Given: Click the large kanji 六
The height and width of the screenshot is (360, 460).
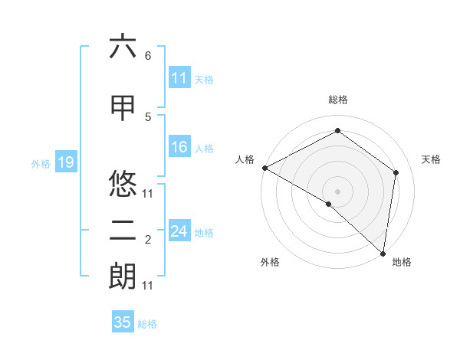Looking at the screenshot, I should click(x=123, y=47).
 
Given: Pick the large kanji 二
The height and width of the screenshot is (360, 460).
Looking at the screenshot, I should click(x=123, y=231).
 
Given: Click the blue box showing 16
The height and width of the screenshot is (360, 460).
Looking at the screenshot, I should click(x=179, y=148).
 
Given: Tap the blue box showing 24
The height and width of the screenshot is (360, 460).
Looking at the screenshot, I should click(x=179, y=231).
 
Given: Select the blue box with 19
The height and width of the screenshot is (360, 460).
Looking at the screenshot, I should click(x=65, y=162).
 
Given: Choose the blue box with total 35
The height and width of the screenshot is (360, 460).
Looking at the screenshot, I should click(x=123, y=322).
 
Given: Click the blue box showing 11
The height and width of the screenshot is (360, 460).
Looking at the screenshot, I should click(x=179, y=78).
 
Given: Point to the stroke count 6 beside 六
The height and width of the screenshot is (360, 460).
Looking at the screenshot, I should click(x=148, y=56).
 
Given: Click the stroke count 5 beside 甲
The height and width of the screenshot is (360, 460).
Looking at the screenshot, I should click(x=148, y=116).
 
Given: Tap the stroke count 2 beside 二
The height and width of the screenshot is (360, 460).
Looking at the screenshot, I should click(x=148, y=241).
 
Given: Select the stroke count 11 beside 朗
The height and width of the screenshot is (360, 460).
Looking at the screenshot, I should click(x=148, y=286).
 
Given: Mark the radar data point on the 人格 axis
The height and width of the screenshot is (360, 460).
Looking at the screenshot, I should click(x=264, y=168).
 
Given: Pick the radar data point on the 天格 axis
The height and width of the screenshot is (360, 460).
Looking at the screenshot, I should click(x=396, y=172).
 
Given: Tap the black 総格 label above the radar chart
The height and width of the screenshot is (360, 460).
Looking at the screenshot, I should click(x=338, y=100).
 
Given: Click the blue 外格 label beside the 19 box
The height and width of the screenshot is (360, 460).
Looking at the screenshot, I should click(x=41, y=163).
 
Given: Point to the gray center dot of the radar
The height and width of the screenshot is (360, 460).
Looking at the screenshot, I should click(x=338, y=191).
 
